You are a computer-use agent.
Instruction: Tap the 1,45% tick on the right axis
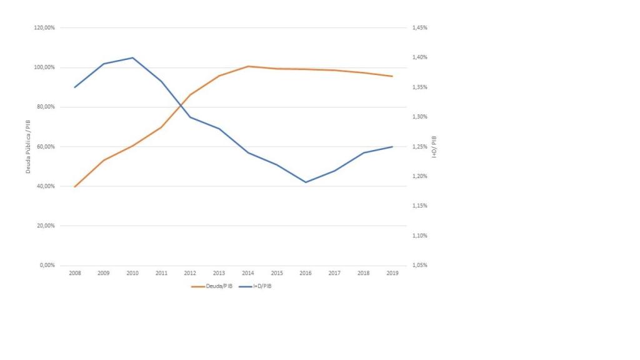click(419, 28)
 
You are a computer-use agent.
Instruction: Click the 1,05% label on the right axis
click(419, 266)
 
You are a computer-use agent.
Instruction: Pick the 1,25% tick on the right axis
click(419, 147)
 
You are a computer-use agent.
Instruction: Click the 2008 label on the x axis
click(75, 274)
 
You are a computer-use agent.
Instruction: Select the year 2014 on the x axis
click(248, 274)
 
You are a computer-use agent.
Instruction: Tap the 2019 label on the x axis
click(392, 274)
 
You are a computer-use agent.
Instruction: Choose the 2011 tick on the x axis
click(161, 274)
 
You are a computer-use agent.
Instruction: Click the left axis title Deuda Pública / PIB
click(28, 146)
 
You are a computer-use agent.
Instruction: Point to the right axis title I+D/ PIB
click(434, 146)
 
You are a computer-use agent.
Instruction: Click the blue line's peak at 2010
click(132, 57)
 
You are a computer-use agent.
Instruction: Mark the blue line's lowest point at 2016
click(306, 182)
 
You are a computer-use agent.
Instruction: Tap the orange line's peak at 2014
click(248, 66)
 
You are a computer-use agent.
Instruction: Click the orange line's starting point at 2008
click(75, 187)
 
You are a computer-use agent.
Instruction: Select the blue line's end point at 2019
click(392, 147)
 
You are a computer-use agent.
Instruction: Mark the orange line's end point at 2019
click(392, 76)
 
